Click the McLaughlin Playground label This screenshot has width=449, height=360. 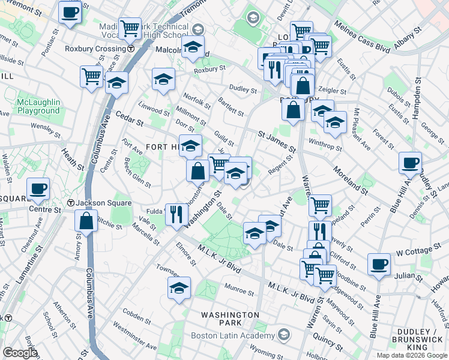pyautogui.click(x=38, y=106)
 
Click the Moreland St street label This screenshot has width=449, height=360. pyautogui.click(x=351, y=181)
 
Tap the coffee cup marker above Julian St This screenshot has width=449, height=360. pyautogui.click(x=379, y=263)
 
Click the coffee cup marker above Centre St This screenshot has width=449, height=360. pyautogui.click(x=38, y=188)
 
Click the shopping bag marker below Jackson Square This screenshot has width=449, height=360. pyautogui.click(x=86, y=220)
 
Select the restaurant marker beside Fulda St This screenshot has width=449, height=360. pyautogui.click(x=176, y=214)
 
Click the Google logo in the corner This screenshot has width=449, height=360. pyautogui.click(x=19, y=353)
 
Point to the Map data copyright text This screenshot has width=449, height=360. pyautogui.click(x=412, y=355)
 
